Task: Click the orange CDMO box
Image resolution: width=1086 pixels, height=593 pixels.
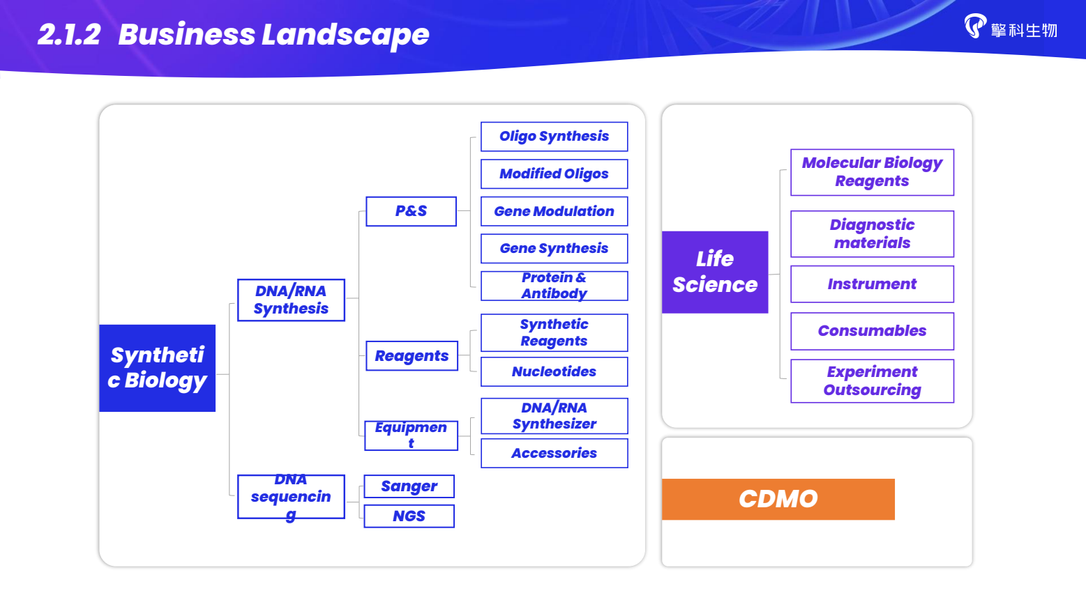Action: click(778, 499)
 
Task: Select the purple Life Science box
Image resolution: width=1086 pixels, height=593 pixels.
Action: click(715, 272)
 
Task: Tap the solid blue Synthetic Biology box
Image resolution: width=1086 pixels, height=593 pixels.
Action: click(158, 368)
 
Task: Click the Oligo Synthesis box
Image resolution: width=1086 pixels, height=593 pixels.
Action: click(554, 137)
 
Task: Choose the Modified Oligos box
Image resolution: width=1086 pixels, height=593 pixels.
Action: click(554, 174)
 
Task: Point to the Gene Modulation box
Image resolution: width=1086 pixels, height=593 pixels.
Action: click(554, 212)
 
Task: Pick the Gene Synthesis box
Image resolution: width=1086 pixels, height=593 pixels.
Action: click(554, 249)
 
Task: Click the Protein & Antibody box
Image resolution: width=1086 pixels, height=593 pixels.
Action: click(554, 286)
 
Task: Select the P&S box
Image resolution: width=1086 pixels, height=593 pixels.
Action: click(411, 211)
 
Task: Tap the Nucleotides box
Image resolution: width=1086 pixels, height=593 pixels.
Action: click(554, 372)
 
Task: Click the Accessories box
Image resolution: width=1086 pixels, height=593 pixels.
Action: click(554, 454)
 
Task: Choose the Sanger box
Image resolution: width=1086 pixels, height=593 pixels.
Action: click(409, 486)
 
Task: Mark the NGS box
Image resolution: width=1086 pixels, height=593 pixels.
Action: click(409, 516)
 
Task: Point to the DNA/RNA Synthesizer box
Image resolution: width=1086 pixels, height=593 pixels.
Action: click(554, 416)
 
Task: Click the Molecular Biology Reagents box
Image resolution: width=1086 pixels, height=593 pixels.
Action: click(872, 172)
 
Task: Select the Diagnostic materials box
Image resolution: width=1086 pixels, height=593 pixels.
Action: click(872, 234)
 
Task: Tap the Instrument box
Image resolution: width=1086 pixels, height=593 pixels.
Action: click(872, 284)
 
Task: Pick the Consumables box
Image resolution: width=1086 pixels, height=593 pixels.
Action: click(872, 331)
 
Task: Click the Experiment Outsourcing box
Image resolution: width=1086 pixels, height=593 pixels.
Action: click(872, 381)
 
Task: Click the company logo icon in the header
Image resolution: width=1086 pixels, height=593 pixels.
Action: click(975, 26)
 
